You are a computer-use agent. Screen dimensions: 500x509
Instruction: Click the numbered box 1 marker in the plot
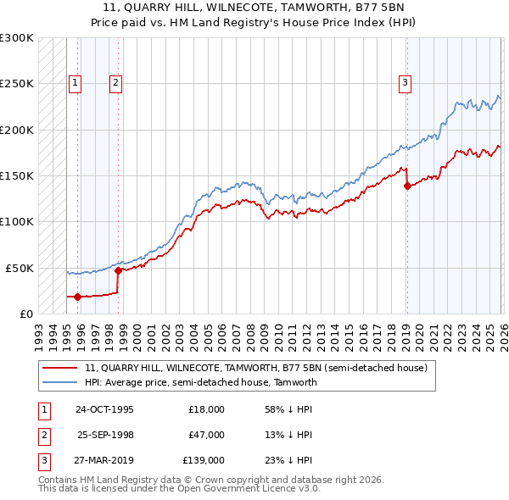click(x=76, y=83)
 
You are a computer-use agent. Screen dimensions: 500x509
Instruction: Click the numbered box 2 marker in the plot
click(x=115, y=83)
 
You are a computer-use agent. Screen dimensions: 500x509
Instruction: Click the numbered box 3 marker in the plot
click(x=406, y=83)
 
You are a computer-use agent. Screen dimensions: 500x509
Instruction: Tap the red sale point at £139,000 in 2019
click(x=407, y=186)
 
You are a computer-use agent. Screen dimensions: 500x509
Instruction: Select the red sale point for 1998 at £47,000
click(x=118, y=270)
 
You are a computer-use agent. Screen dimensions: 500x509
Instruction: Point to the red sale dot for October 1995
click(x=77, y=297)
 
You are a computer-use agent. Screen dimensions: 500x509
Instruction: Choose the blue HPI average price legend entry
click(x=200, y=382)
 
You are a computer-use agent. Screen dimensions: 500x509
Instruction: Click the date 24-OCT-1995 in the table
click(x=104, y=408)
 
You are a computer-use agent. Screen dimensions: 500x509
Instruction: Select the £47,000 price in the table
click(x=206, y=435)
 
